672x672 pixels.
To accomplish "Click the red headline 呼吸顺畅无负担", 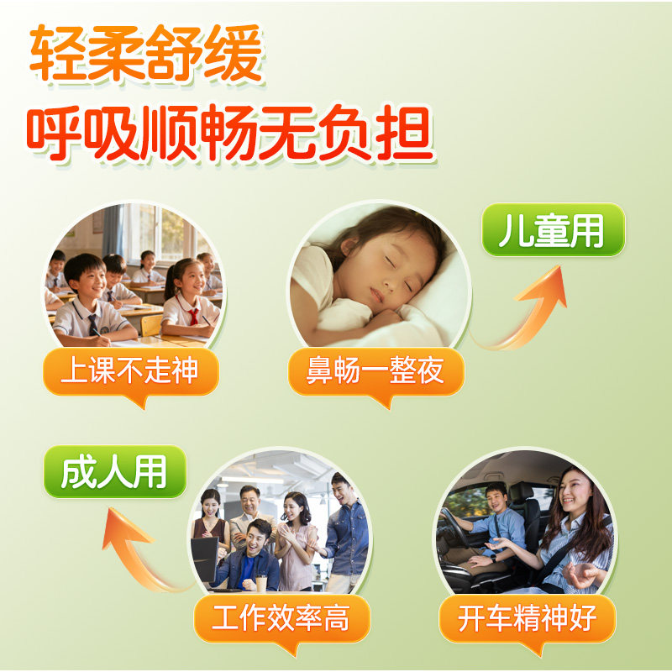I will point(228,134).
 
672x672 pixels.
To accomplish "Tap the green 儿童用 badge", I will point(552,229).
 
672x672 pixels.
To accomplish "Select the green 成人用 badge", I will point(114,471).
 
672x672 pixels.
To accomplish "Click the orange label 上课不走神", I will point(129,370).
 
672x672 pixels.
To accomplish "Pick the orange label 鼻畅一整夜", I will point(375,370).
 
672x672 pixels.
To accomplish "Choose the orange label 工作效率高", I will point(281,619).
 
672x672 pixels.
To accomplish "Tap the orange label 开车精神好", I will point(527,619).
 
